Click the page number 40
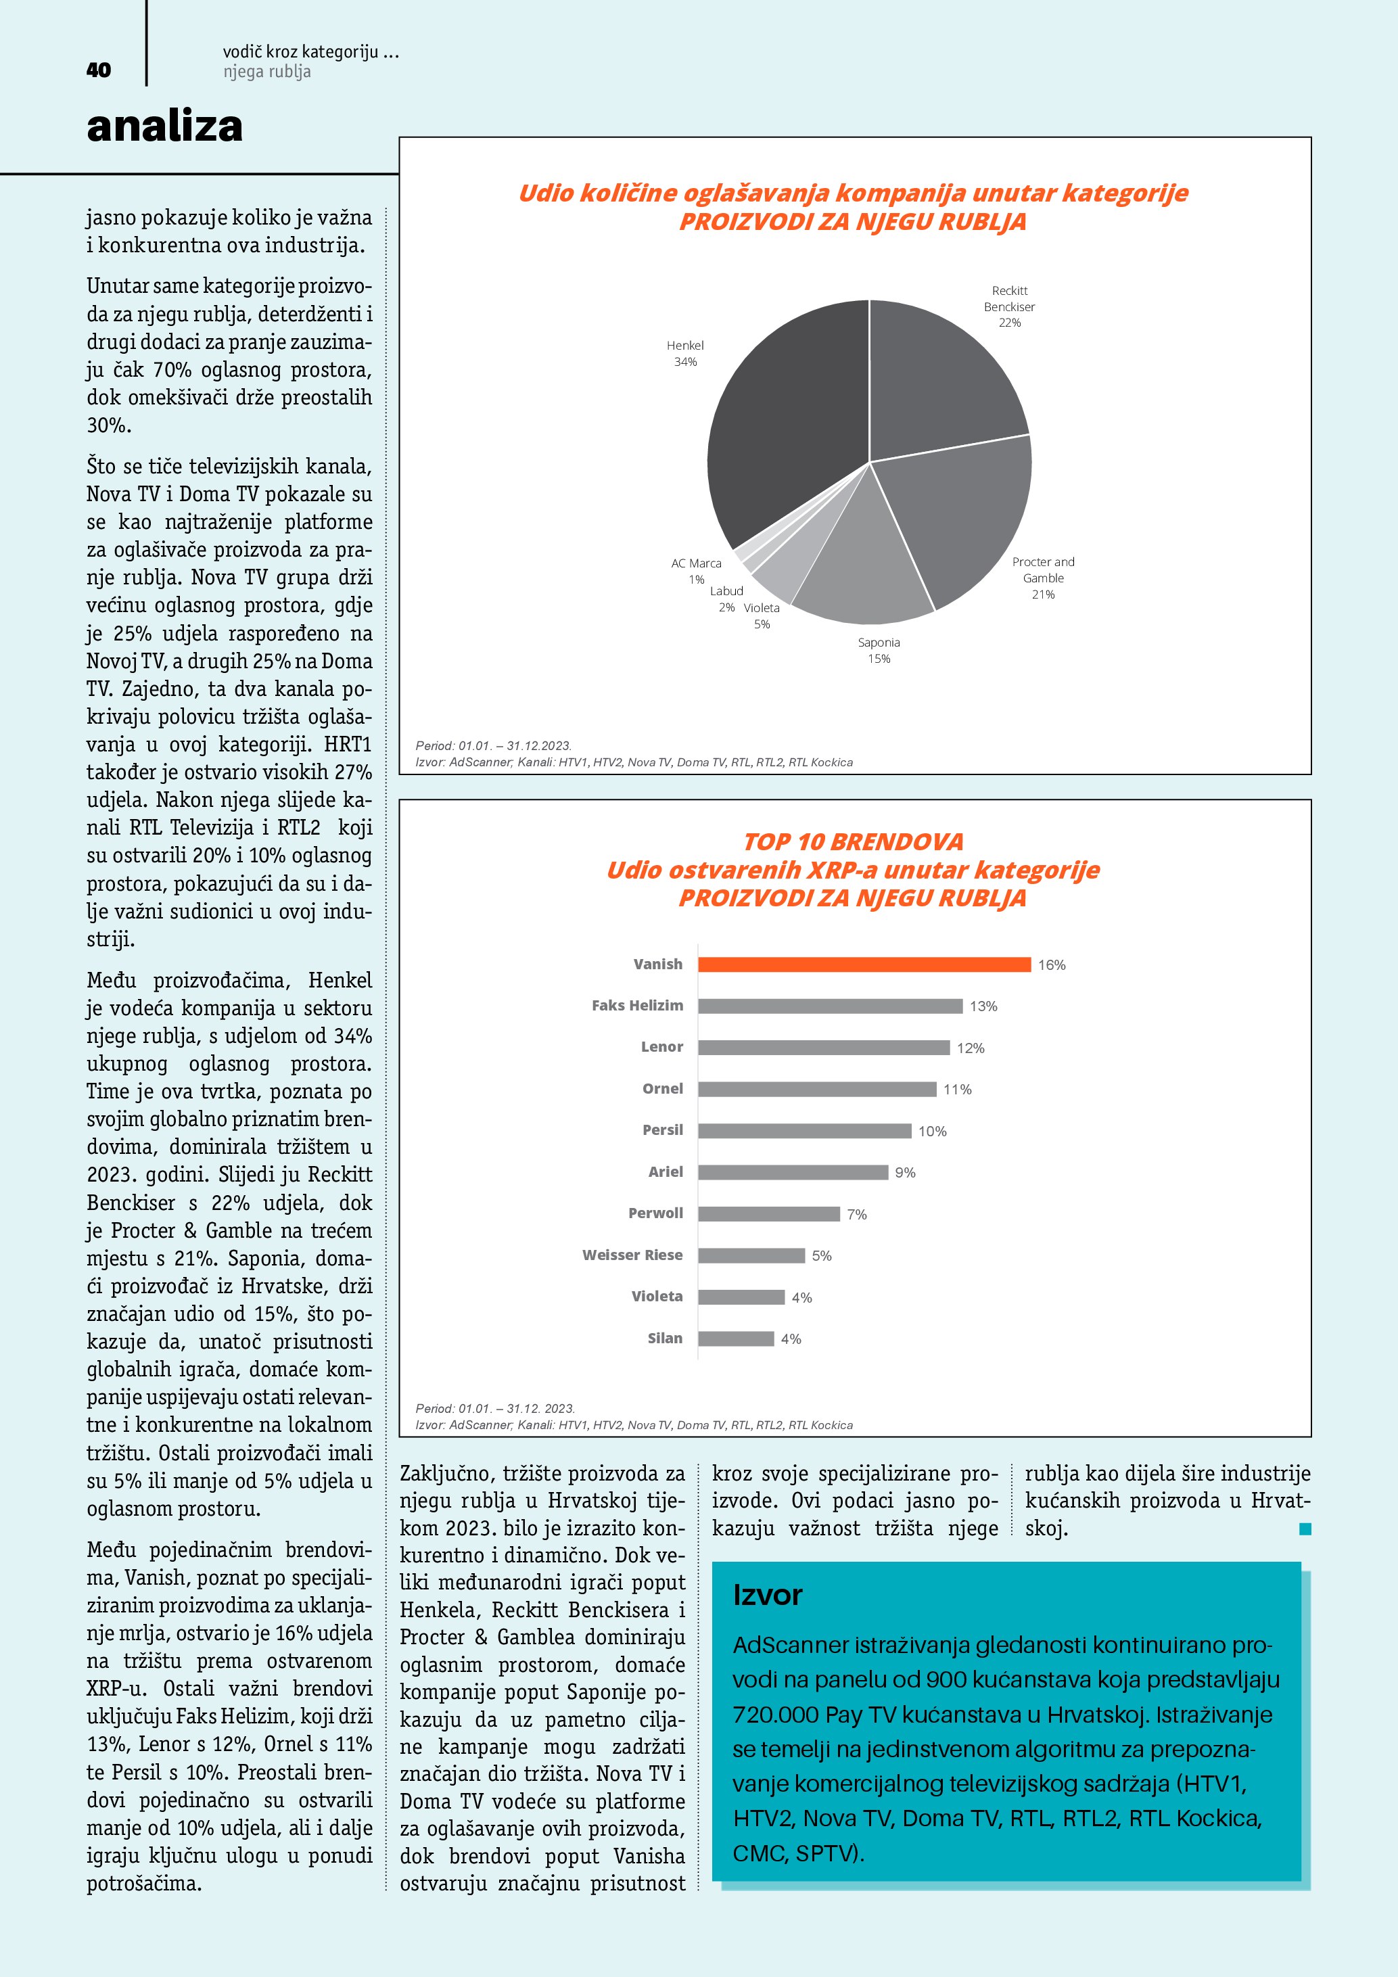(99, 70)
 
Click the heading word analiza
(164, 126)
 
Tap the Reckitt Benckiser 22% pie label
(1009, 306)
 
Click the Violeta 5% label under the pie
(762, 615)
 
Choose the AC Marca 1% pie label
(697, 571)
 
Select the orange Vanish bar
(864, 964)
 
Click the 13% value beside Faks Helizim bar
(983, 1006)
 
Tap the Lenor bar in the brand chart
(823, 1048)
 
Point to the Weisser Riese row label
(632, 1255)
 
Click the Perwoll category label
(655, 1213)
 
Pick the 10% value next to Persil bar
(932, 1132)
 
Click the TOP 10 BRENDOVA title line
(853, 841)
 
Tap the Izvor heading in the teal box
(767, 1596)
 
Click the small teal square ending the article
(1305, 1529)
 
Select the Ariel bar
(793, 1173)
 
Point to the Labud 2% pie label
(726, 599)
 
